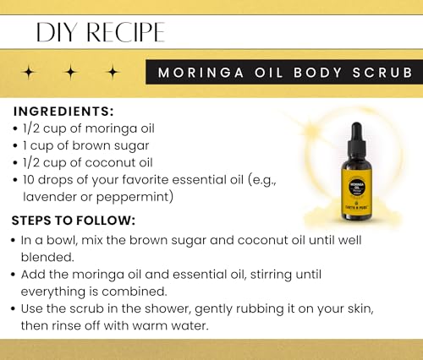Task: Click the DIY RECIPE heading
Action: (100, 32)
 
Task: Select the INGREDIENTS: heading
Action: (63, 112)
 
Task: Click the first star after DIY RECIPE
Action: (29, 73)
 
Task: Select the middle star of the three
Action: (70, 73)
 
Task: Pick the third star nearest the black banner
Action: (112, 73)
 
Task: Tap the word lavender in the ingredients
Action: (54, 197)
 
